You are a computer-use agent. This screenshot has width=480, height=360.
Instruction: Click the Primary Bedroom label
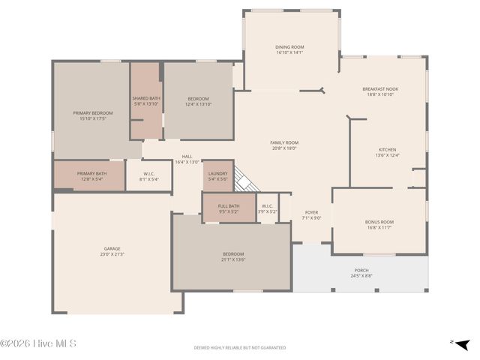click(x=92, y=112)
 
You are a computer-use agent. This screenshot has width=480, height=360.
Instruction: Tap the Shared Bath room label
click(x=146, y=98)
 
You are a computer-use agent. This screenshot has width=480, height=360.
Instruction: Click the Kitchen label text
click(x=387, y=150)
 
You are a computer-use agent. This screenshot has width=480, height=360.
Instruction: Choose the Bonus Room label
click(x=379, y=222)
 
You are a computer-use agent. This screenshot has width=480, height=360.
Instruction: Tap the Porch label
click(x=361, y=270)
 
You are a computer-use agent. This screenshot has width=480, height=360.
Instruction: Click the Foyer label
click(x=311, y=212)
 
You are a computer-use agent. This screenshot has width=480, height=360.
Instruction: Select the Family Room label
click(x=284, y=142)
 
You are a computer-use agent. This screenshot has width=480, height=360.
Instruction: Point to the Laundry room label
click(x=217, y=173)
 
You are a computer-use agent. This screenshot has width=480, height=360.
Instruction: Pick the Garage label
click(x=112, y=248)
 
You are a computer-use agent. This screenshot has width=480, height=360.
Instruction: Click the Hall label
click(x=187, y=157)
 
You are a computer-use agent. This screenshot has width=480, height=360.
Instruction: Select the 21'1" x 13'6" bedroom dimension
click(x=232, y=259)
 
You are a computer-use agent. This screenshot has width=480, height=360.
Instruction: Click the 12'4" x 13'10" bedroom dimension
click(x=198, y=103)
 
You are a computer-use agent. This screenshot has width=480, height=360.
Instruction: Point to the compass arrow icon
click(x=463, y=343)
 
